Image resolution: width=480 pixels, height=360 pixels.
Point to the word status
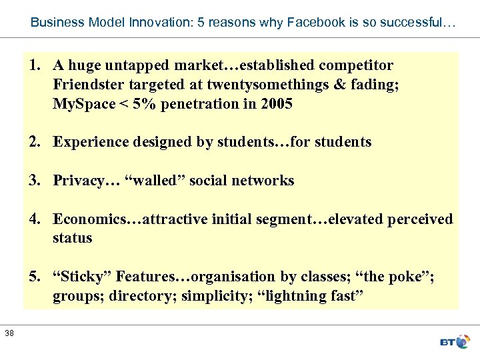[x=73, y=238]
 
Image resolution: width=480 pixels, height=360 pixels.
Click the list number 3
[x=33, y=181]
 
